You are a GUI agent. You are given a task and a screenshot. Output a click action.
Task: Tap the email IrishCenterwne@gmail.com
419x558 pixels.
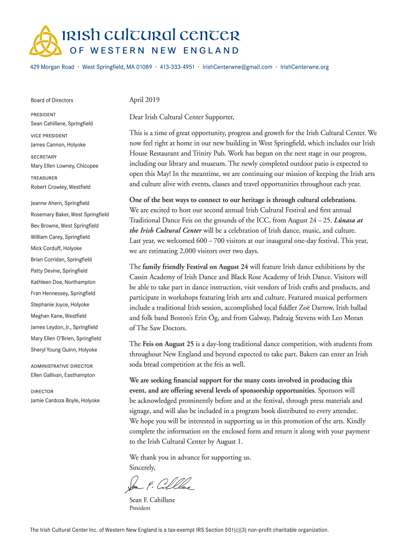[237, 67]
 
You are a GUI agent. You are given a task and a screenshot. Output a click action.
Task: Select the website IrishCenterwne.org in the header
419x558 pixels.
[304, 67]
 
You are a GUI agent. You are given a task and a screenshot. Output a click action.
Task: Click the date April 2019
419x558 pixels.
[144, 100]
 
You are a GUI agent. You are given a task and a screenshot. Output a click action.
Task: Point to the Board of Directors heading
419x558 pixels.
[52, 100]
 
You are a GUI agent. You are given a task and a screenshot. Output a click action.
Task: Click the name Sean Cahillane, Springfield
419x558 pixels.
[61, 124]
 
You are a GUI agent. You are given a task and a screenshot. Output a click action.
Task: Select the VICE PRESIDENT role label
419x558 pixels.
[49, 136]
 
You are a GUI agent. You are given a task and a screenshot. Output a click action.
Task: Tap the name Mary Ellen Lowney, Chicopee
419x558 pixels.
[64, 166]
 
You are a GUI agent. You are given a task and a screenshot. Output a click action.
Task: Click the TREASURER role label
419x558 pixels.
[44, 178]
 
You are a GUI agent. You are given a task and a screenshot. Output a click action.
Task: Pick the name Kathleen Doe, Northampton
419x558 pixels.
[63, 282]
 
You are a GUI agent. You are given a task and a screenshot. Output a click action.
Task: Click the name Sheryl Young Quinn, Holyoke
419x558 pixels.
[64, 349]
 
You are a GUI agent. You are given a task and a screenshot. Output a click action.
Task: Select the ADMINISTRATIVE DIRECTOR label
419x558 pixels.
[61, 366]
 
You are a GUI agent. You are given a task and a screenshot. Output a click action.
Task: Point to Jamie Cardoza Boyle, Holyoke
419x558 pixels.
[65, 401]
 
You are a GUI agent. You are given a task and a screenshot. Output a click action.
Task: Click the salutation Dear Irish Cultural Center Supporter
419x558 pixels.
[181, 117]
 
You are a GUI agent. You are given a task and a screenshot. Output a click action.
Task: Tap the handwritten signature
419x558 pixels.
[161, 483]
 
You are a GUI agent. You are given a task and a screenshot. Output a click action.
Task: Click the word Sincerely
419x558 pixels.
[143, 468]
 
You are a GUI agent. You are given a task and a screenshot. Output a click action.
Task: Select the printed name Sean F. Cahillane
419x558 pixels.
[152, 500]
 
